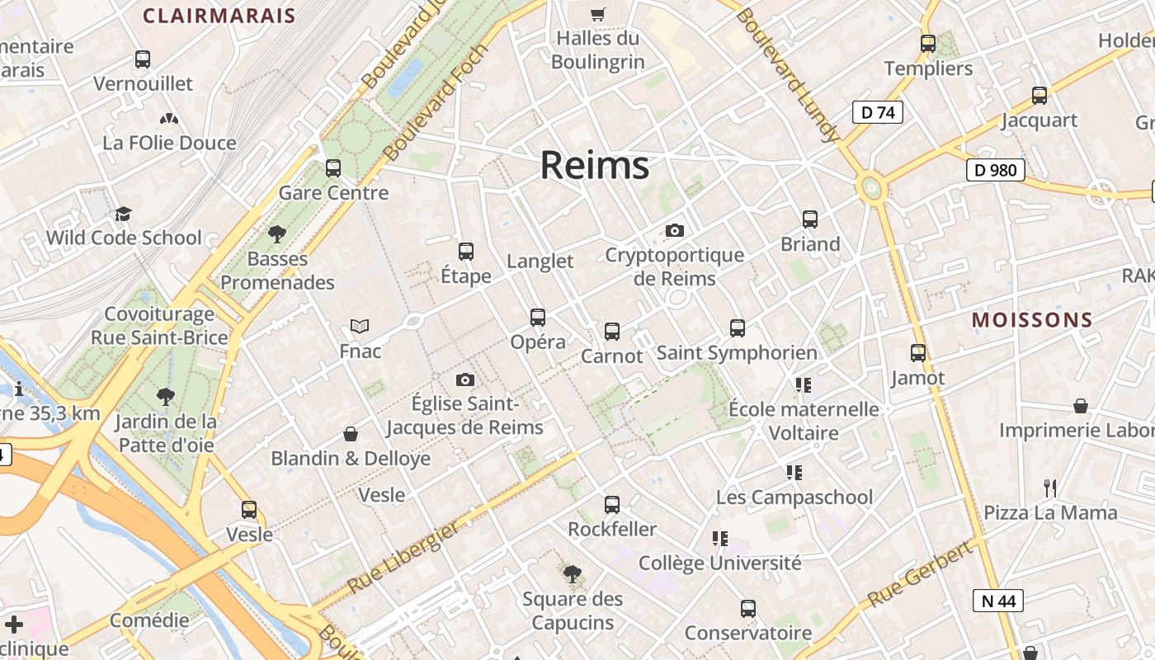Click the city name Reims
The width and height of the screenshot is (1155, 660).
594,166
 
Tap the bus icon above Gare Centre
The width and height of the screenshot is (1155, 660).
333,168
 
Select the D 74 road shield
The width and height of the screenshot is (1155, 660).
877,112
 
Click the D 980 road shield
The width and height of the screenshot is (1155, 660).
995,170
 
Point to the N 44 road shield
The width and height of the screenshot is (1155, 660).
999,601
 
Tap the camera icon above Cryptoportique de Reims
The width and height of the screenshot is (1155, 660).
675,231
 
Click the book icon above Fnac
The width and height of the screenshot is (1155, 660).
360,326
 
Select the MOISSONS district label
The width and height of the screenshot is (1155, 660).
1032,320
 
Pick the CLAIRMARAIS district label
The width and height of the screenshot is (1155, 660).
219,16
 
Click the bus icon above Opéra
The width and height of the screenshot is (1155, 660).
538,317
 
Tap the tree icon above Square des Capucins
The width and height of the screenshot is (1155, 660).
572,574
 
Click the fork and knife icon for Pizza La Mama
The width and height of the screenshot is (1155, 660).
1050,488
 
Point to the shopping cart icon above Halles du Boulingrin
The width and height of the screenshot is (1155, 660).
598,14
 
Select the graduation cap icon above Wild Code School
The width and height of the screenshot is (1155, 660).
123,214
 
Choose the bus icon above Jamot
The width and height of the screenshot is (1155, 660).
918,353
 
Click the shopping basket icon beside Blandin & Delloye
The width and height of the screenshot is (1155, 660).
351,434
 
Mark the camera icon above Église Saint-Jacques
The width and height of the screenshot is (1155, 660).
465,379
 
